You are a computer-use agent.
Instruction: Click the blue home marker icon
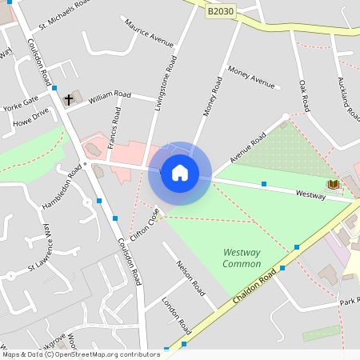click(x=180, y=172)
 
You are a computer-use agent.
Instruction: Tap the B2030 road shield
click(x=221, y=11)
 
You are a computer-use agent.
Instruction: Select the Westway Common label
click(x=242, y=258)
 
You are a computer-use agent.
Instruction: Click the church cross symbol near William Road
click(x=69, y=100)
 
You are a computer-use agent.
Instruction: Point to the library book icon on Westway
click(x=333, y=184)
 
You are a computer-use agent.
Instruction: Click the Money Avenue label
click(x=250, y=78)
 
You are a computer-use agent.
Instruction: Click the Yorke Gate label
click(x=20, y=104)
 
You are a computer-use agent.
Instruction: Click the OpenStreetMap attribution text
click(x=81, y=354)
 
